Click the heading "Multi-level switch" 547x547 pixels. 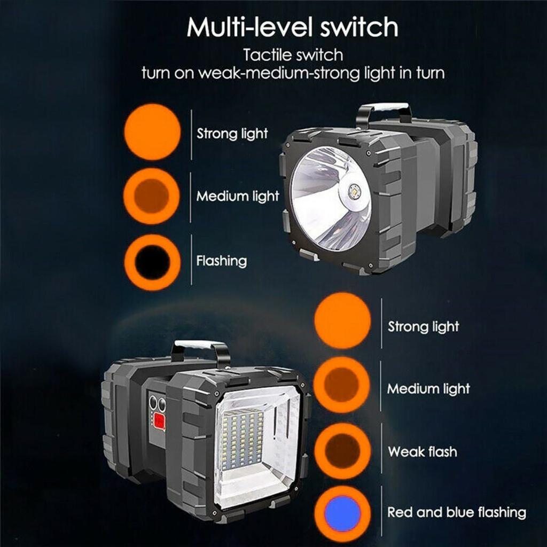pos(292,27)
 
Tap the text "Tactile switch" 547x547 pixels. pos(293,55)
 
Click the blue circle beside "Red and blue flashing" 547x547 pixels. pos(342,514)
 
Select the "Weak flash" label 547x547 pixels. pos(423,452)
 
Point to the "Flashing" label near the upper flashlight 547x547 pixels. pos(222,261)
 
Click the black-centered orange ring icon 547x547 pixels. pos(152,262)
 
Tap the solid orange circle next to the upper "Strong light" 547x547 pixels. pos(152,132)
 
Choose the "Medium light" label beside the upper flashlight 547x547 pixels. pos(238,197)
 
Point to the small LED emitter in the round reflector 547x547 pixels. pos(355,192)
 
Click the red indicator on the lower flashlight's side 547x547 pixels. pos(159,421)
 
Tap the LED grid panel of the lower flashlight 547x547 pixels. pos(244,439)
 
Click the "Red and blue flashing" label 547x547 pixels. pos(457,512)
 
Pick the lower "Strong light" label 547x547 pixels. pos(423,327)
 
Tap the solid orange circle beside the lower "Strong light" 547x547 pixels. pos(342,321)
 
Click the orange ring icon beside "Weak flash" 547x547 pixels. pos(342,451)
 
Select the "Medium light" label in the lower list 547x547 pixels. pos(428,389)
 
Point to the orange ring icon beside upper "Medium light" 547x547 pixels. pos(152,196)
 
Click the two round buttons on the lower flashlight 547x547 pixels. pos(158,404)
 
